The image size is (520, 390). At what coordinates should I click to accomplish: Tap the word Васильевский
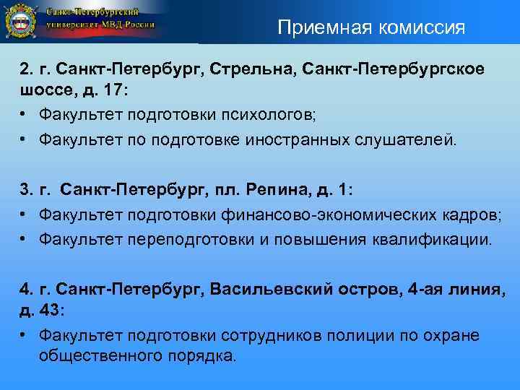click(x=266, y=290)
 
